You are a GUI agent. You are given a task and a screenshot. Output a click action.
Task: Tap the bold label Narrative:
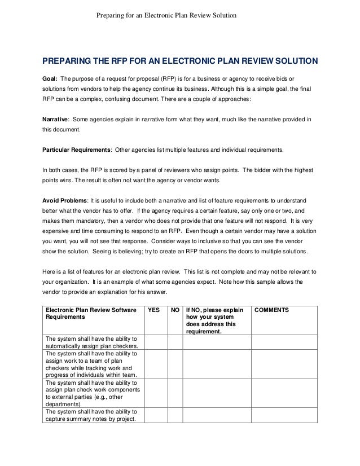coord(56,120)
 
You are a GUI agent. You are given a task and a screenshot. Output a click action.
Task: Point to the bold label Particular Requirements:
coord(77,150)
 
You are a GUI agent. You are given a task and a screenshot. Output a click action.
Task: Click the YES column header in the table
coord(153,310)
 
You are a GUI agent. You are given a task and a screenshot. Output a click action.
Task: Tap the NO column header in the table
coord(175,310)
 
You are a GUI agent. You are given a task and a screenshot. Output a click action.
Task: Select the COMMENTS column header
coord(272,310)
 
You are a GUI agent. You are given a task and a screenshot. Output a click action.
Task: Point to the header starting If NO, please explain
coord(217,320)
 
